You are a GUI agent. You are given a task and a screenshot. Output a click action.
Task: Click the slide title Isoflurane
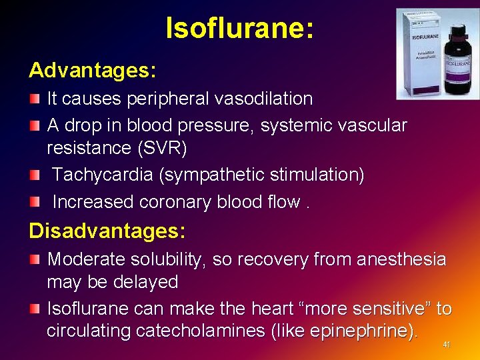pos(240,29)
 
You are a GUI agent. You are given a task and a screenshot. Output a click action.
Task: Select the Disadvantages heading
pos(107,231)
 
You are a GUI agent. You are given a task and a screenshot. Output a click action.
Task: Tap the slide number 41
pos(447,345)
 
